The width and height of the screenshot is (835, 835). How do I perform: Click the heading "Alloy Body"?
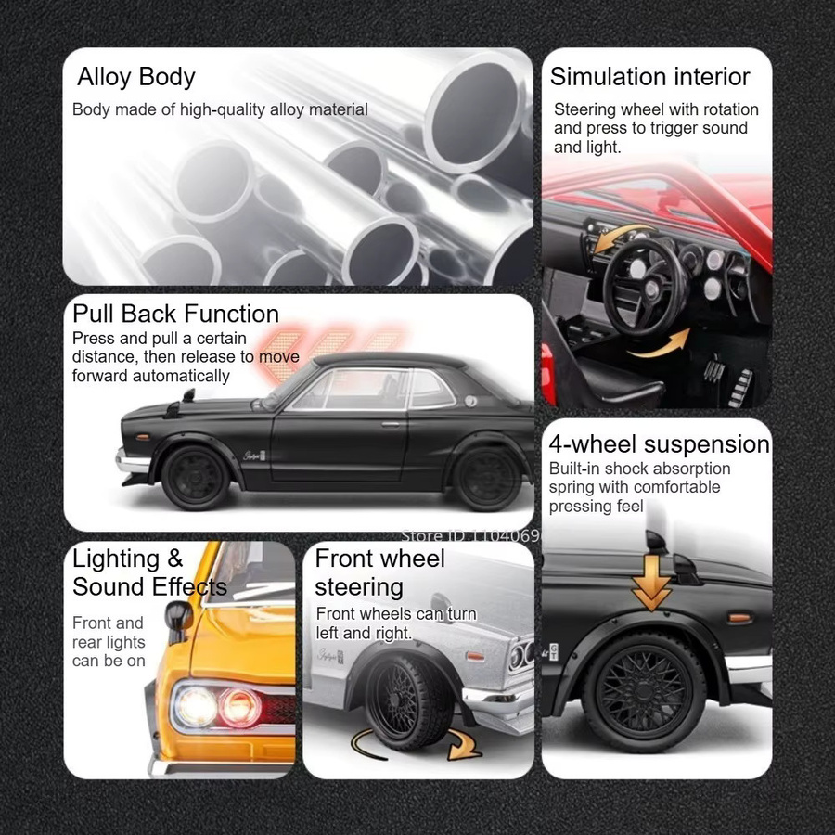pyautogui.click(x=136, y=77)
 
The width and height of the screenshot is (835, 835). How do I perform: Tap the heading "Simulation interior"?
pyautogui.click(x=649, y=77)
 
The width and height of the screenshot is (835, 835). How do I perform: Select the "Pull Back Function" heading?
pyautogui.click(x=175, y=314)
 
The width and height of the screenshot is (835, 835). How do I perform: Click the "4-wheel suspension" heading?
pyautogui.click(x=660, y=444)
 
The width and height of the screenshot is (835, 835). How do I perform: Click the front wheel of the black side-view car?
pyautogui.click(x=196, y=478)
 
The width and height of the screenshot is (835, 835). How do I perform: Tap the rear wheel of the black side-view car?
pyautogui.click(x=487, y=478)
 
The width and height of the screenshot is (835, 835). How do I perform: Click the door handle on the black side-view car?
pyautogui.click(x=391, y=424)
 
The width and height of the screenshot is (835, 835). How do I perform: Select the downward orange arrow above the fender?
pyautogui.click(x=651, y=583)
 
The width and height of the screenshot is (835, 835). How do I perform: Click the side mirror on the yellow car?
pyautogui.click(x=178, y=620)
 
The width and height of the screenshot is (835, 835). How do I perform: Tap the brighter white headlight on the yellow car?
pyautogui.click(x=196, y=707)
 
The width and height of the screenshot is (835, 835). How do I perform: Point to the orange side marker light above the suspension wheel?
pyautogui.click(x=739, y=618)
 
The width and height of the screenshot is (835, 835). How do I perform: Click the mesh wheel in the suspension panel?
pyautogui.click(x=645, y=690)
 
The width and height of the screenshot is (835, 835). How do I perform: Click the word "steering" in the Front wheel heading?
pyautogui.click(x=359, y=587)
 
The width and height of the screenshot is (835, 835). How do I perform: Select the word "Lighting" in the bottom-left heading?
pyautogui.click(x=116, y=559)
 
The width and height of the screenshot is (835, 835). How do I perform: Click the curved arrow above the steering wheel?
pyautogui.click(x=622, y=236)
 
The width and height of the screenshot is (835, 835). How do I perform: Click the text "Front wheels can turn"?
pyautogui.click(x=396, y=614)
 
